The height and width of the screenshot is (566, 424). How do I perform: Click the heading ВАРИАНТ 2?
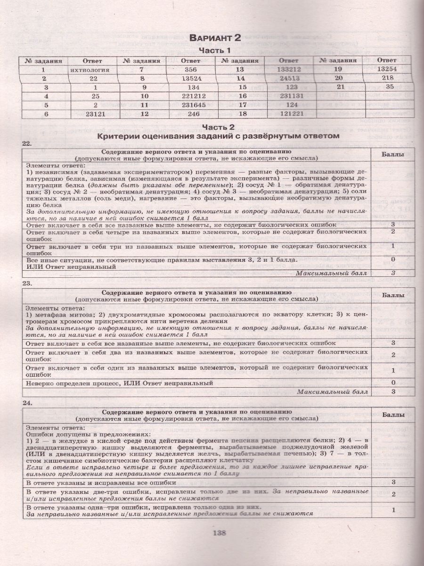(214, 39)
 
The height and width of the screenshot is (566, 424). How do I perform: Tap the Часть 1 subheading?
(214, 50)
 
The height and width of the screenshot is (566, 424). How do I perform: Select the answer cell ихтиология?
(92, 69)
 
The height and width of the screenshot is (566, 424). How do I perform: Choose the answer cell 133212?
(289, 69)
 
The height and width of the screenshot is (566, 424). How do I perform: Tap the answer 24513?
(289, 78)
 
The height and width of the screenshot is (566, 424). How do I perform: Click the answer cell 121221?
(289, 114)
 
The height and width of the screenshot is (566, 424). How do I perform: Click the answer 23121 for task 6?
(92, 114)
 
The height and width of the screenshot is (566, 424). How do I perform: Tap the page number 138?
(220, 533)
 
